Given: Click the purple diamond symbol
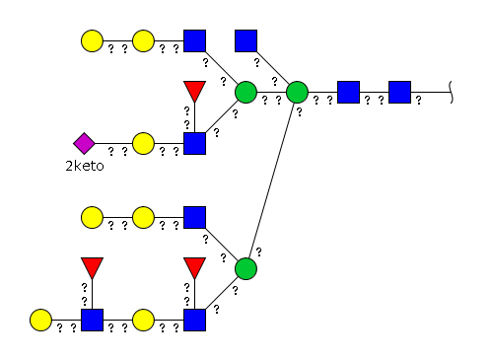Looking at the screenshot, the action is [84, 143].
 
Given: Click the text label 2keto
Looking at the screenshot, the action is [85, 166].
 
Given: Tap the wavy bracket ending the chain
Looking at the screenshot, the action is [451, 93].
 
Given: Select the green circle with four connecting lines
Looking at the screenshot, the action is [297, 93].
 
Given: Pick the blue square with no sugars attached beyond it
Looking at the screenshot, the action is [245, 40].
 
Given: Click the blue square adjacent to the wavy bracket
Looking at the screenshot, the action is [399, 93].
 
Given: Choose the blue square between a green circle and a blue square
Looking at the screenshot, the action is [348, 93].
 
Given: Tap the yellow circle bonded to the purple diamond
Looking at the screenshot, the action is [143, 143].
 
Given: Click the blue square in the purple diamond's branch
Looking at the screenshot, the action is [194, 143].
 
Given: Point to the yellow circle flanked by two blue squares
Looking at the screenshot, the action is [143, 320].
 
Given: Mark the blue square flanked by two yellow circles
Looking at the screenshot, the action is [92, 320].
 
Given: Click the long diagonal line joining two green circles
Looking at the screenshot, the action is [271, 180].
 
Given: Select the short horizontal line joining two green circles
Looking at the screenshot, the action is [271, 93].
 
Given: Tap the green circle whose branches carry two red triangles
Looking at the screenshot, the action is [245, 269].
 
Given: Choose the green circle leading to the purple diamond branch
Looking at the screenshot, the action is [245, 93].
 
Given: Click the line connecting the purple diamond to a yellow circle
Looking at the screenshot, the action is [113, 143].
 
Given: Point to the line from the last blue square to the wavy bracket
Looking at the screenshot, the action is [431, 93].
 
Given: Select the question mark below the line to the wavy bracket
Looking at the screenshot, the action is [418, 101].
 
